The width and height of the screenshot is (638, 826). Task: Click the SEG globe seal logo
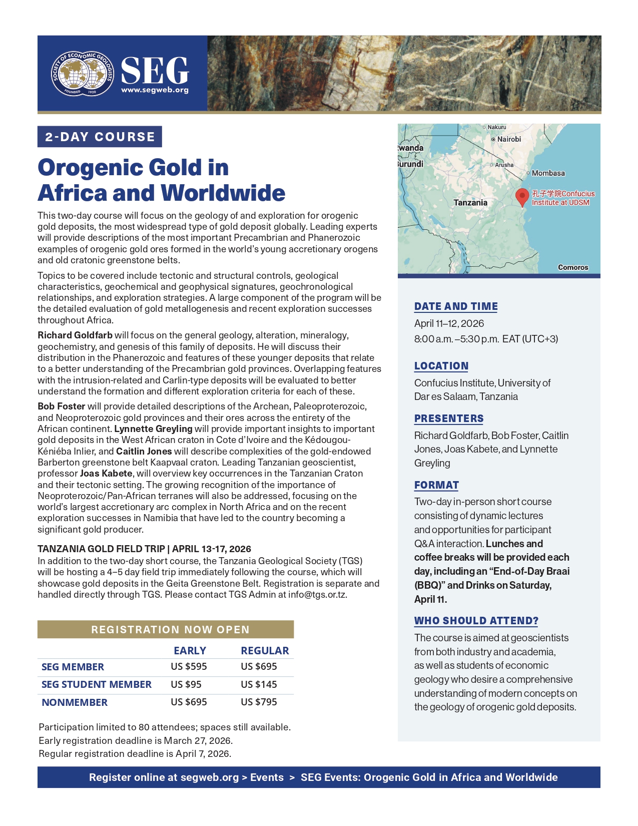[83, 73]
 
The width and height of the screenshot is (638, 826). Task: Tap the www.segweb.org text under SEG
[155, 90]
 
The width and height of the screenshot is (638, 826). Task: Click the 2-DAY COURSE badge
[100, 137]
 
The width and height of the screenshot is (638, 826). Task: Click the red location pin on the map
[522, 196]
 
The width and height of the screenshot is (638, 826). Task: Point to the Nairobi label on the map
[508, 139]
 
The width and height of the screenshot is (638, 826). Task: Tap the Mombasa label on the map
[548, 173]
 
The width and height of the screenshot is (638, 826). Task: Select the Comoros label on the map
[573, 267]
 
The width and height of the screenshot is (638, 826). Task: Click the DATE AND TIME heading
[456, 306]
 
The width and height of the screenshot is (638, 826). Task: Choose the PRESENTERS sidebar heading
[449, 419]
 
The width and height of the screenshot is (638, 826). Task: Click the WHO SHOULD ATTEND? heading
[476, 621]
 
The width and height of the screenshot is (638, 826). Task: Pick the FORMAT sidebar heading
[436, 485]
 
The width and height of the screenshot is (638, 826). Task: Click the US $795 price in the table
[259, 702]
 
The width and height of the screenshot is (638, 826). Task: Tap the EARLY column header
[190, 650]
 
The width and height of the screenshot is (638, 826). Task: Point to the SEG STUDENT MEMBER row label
[97, 684]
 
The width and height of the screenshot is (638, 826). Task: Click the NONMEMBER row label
[75, 702]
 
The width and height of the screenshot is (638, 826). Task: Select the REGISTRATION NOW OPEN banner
[166, 629]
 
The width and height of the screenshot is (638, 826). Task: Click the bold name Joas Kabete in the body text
[106, 474]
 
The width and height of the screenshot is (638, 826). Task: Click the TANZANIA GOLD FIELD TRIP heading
[144, 549]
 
